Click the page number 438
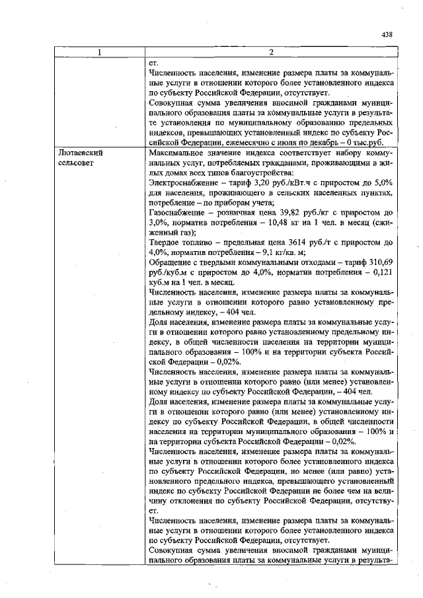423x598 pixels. point(387,34)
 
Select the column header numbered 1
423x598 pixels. point(100,52)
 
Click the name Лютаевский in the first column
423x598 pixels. point(80,152)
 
